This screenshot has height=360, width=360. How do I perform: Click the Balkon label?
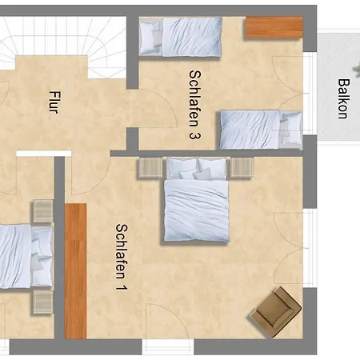(342, 98)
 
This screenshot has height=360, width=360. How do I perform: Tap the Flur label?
(54, 102)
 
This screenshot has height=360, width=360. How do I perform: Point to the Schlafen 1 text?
(121, 255)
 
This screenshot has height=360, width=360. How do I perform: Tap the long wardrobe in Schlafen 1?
(75, 270)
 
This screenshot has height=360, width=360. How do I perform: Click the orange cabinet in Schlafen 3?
(274, 27)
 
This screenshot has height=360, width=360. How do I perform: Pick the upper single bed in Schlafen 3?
(179, 36)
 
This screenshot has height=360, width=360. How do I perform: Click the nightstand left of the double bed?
(150, 168)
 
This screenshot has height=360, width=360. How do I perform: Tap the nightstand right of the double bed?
(242, 167)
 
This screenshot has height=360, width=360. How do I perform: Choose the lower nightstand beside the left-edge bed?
(42, 301)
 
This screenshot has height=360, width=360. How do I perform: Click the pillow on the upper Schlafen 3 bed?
(150, 36)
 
